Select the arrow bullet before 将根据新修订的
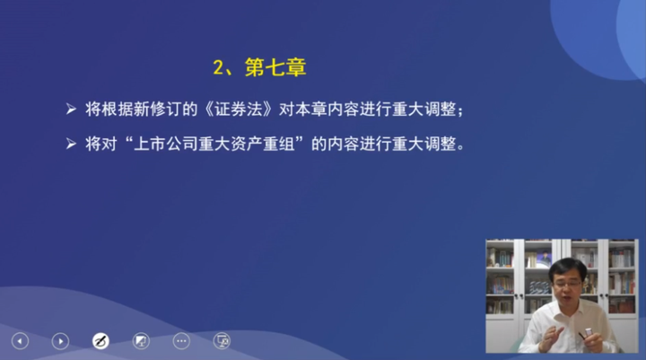pyautogui.click(x=72, y=110)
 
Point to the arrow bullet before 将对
pyautogui.click(x=72, y=143)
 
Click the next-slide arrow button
pyautogui.click(x=60, y=340)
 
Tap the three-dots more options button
pyautogui.click(x=181, y=340)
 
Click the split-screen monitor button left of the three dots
pyautogui.click(x=141, y=340)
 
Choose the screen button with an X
pyautogui.click(x=222, y=340)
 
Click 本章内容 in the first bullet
pyautogui.click(x=332, y=110)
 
